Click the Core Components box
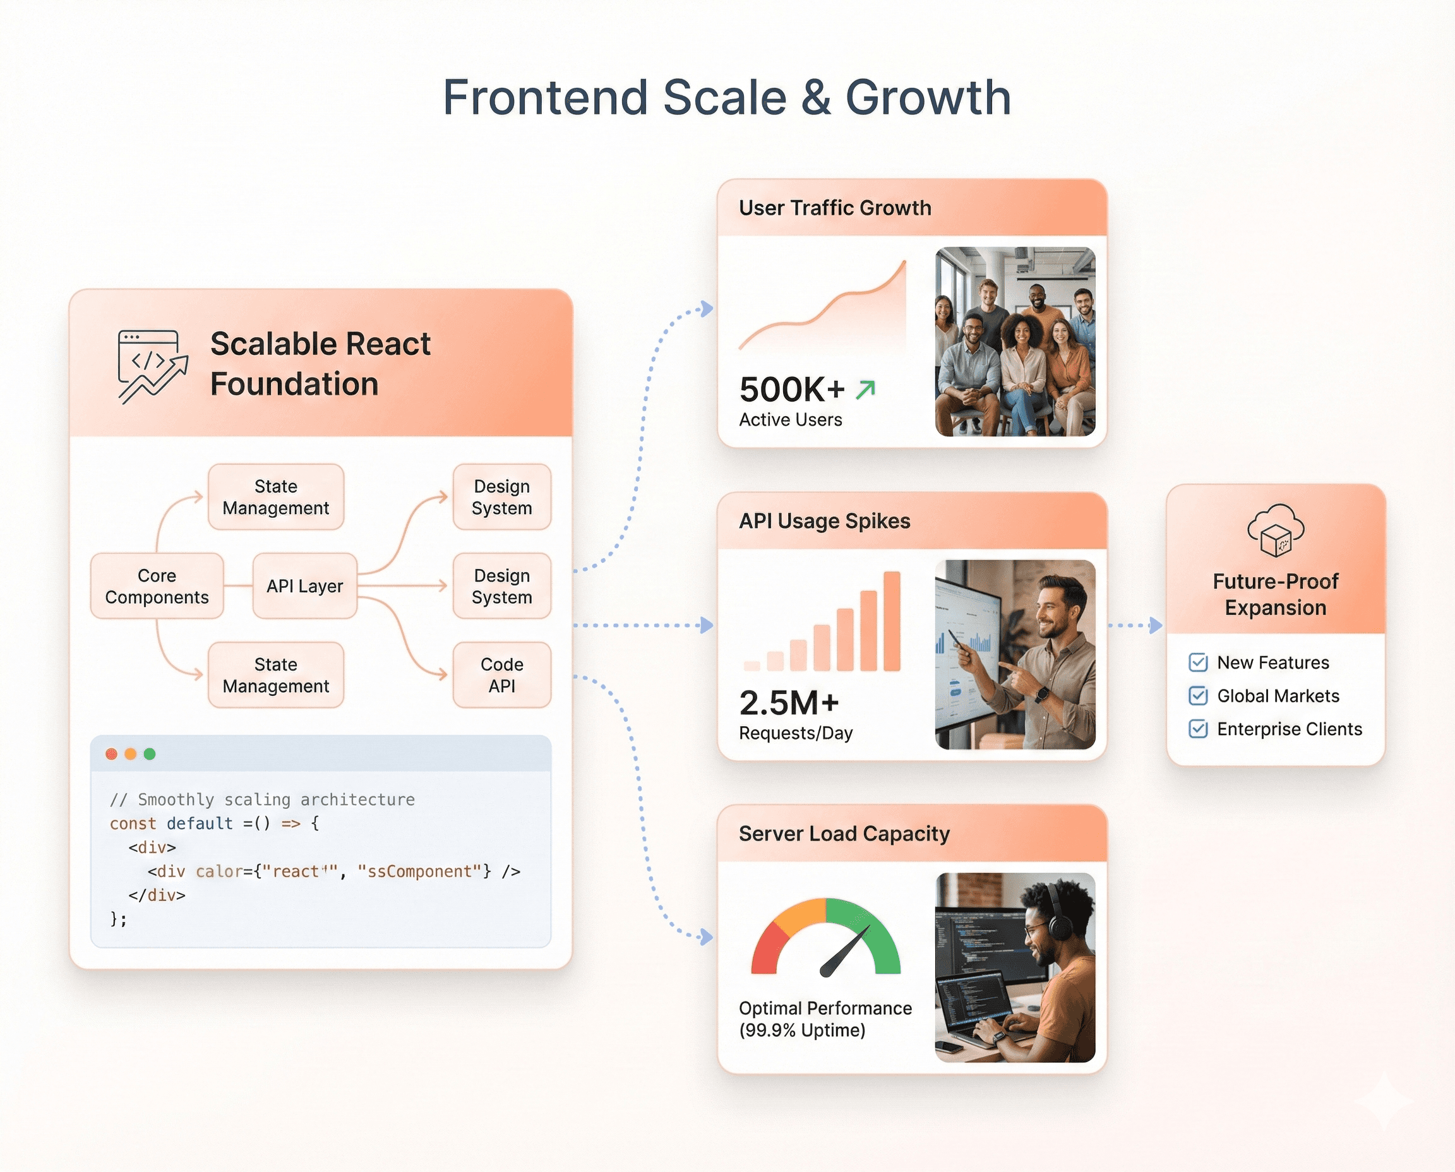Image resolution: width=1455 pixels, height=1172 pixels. [x=157, y=586]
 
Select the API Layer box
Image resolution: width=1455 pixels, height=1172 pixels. [x=304, y=586]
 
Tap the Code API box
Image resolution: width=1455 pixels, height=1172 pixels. [x=501, y=674]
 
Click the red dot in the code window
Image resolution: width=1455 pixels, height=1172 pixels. [x=111, y=754]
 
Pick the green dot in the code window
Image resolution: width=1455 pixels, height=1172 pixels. [x=150, y=754]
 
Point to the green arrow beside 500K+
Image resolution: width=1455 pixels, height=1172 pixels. [x=866, y=390]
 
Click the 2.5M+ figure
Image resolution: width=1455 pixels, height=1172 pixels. [x=789, y=703]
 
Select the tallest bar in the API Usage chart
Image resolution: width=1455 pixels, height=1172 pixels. [x=892, y=621]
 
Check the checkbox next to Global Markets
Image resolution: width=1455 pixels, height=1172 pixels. [x=1198, y=695]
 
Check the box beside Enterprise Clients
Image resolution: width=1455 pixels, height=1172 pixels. [x=1198, y=729]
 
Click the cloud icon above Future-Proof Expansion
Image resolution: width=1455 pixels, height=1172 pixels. [x=1276, y=530]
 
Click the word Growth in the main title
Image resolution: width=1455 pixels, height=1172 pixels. [x=928, y=98]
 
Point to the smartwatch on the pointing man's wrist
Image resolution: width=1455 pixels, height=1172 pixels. [x=1042, y=693]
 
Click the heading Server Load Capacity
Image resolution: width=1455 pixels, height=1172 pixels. [x=843, y=834]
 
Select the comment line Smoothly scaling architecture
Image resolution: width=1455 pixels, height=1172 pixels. [x=262, y=799]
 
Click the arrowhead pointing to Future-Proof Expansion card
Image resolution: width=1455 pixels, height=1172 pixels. [x=1156, y=625]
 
